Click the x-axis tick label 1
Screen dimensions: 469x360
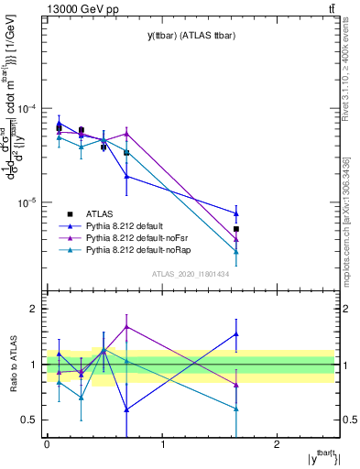coord(162,443)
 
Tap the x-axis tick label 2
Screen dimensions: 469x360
coord(278,443)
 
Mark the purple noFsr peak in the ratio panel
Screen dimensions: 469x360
coord(126,326)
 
